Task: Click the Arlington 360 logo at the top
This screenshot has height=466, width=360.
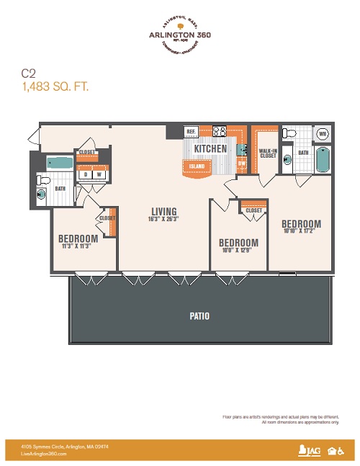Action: click(x=179, y=36)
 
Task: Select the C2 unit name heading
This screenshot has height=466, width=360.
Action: click(x=28, y=73)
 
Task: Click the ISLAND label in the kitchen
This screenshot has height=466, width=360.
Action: click(x=197, y=166)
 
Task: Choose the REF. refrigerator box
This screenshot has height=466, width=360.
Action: click(x=192, y=132)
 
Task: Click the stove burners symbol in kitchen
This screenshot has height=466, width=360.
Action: click(x=220, y=131)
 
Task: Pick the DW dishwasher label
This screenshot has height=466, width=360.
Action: click(x=242, y=163)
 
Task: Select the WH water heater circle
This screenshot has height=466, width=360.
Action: click(x=322, y=134)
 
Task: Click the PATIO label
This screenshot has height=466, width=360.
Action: click(x=201, y=316)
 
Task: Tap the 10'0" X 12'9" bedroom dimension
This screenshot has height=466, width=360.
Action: click(x=238, y=251)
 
